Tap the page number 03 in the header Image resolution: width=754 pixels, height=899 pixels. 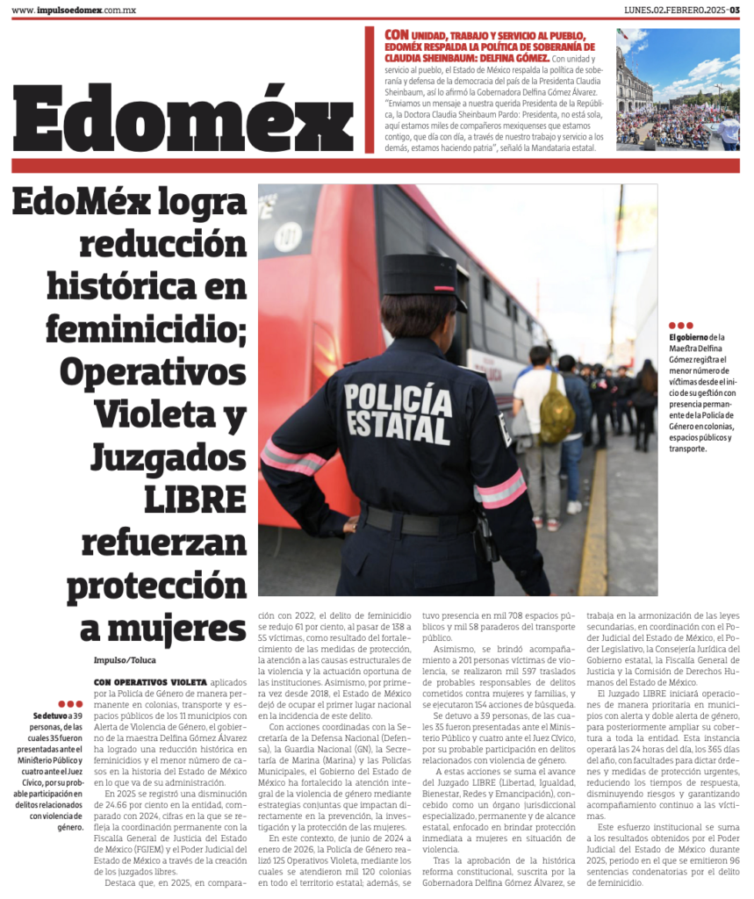(733, 10)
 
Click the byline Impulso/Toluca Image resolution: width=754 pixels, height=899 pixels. (126, 659)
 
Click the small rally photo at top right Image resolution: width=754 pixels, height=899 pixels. (677, 89)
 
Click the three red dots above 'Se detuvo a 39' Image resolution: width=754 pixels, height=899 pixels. (70, 704)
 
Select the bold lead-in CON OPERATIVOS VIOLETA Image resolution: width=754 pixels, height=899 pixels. (150, 681)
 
